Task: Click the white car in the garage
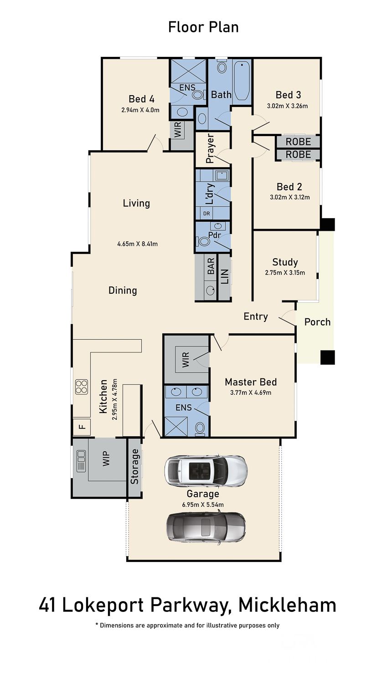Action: click(x=206, y=470)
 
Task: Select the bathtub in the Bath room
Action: click(x=242, y=80)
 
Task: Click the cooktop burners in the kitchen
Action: click(x=82, y=387)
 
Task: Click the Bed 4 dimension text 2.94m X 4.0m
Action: click(x=140, y=110)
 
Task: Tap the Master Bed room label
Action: click(x=251, y=382)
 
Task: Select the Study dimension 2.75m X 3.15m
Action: click(x=285, y=273)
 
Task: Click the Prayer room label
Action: click(x=210, y=148)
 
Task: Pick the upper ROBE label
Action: click(x=298, y=142)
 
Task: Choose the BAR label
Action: click(x=211, y=265)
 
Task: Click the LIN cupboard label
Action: click(x=224, y=276)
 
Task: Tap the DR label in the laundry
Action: click(x=206, y=214)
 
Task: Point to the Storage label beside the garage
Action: click(x=134, y=467)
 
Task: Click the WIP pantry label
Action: click(x=106, y=459)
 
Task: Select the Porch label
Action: click(x=317, y=322)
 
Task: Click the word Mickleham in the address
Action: click(x=287, y=605)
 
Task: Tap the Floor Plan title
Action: click(x=203, y=27)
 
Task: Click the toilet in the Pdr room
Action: click(x=204, y=242)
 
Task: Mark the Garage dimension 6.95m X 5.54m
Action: click(x=203, y=505)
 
